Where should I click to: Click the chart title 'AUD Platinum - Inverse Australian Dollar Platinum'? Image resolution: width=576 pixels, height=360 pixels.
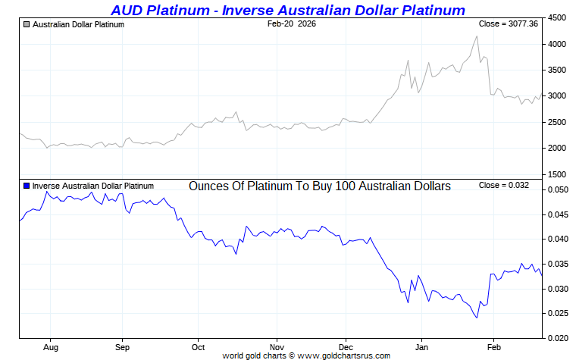(287, 10)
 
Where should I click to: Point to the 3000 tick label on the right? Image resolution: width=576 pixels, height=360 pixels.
(557, 96)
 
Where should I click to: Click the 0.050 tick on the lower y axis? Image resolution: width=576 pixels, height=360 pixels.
(558, 190)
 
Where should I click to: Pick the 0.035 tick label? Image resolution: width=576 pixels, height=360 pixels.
(558, 265)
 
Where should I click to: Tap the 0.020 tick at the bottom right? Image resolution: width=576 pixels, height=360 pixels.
(558, 338)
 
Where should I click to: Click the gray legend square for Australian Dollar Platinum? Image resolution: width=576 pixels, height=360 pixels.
(27, 25)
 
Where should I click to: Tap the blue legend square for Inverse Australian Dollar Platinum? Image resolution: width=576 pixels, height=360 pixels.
(27, 186)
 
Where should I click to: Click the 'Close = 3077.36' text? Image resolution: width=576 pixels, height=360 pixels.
(509, 24)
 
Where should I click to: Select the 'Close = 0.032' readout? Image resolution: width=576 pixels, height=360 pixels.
(504, 185)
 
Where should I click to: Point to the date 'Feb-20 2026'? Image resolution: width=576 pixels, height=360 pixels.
(293, 24)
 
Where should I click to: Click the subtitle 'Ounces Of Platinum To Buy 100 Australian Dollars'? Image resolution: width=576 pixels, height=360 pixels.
(319, 186)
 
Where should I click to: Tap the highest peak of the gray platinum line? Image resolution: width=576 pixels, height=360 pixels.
(477, 36)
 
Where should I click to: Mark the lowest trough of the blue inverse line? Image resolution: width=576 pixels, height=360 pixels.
(477, 318)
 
